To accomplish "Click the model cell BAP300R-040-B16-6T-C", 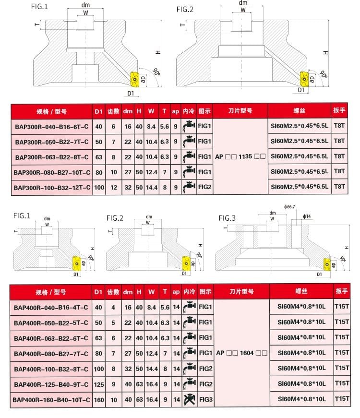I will (51, 127).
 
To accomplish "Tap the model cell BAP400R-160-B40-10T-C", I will (51, 399).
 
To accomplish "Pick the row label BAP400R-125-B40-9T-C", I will (51, 384).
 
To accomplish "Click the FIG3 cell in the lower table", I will (205, 399).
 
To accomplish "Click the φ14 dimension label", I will (307, 217).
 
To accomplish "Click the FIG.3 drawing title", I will (227, 218).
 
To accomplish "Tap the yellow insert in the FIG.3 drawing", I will (327, 265).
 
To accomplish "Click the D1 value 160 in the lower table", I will (99, 399).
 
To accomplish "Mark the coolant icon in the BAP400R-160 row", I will (190, 399).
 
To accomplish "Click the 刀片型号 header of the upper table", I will (240, 111).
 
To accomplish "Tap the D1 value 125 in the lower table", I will (99, 384).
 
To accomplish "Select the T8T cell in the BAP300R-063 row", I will (339, 156).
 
